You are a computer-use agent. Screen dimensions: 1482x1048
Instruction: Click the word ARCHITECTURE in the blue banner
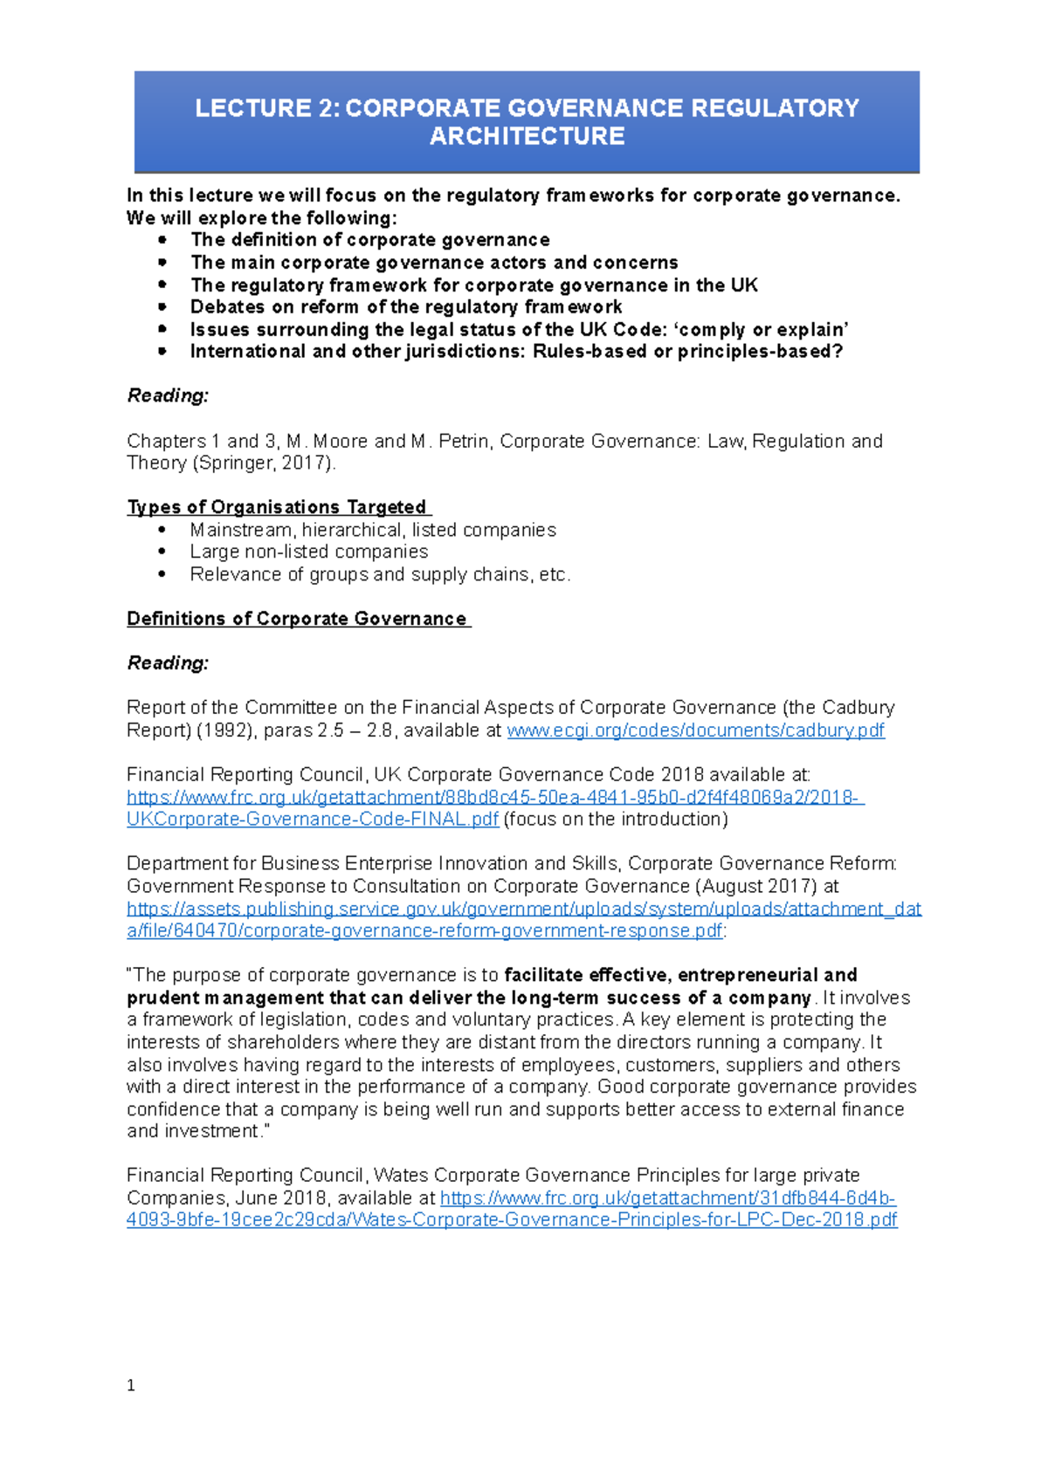[527, 136]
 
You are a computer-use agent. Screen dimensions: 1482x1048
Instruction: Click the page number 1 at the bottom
[131, 1385]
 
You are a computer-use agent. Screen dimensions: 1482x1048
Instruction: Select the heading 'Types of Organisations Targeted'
[277, 507]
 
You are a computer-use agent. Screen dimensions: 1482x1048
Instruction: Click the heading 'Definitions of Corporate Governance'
[297, 619]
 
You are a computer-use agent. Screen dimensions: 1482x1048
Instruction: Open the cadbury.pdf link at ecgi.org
[695, 731]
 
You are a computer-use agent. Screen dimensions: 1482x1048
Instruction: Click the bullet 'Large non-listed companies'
[308, 552]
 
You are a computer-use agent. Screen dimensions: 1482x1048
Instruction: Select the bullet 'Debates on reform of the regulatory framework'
[406, 307]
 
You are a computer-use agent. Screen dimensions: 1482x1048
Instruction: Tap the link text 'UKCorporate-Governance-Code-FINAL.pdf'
[313, 820]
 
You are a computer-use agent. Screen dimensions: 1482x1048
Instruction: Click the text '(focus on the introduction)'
[616, 820]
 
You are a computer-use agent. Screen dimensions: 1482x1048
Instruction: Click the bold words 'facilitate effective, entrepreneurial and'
[680, 975]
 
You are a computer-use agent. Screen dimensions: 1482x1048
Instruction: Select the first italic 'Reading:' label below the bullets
[169, 396]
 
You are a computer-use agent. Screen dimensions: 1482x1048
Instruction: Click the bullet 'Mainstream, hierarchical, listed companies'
[372, 530]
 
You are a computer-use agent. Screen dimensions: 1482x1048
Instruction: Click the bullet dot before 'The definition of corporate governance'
[162, 239]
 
